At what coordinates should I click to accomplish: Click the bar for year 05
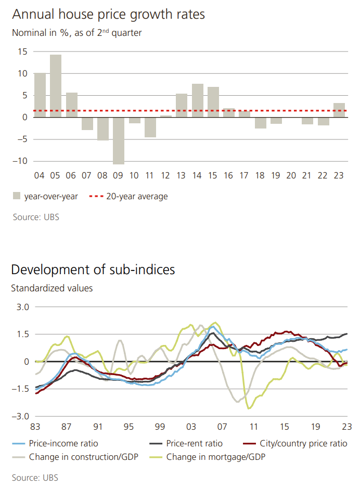(x=56, y=86)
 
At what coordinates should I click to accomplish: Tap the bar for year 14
(x=198, y=100)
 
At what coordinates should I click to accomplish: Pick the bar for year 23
(x=339, y=110)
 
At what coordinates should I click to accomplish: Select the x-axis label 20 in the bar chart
(x=291, y=176)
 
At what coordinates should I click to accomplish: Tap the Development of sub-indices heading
(x=93, y=269)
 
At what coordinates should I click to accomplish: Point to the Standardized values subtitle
(x=52, y=288)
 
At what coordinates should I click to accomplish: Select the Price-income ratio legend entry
(x=63, y=444)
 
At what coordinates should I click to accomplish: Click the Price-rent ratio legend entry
(x=195, y=444)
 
